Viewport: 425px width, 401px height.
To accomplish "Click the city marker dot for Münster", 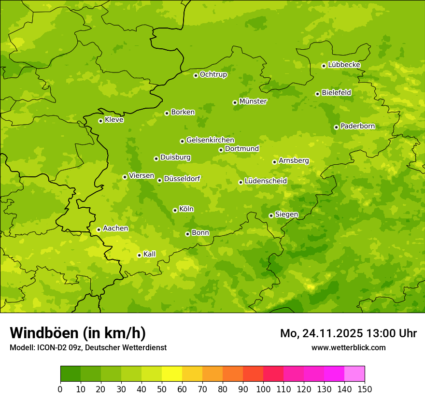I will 235,102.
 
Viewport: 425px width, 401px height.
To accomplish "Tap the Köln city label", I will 186,209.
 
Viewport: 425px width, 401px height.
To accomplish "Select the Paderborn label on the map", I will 357,126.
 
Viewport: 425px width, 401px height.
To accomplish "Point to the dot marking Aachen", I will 99,229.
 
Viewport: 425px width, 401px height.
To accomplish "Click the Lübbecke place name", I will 344,65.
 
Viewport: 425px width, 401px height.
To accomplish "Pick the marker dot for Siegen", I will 271,215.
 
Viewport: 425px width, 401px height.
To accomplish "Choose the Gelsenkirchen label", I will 210,140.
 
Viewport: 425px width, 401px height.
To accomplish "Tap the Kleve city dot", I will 100,121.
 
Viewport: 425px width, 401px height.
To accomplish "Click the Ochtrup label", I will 213,74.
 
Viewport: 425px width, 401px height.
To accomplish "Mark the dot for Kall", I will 139,255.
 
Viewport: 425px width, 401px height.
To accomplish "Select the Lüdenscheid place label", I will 266,181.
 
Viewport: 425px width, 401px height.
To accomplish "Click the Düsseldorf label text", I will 182,179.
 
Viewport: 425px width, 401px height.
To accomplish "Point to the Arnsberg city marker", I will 274,162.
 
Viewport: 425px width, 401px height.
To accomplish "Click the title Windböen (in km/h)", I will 77,333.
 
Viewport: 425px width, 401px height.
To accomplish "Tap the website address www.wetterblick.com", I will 348,347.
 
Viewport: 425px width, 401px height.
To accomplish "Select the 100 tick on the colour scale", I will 263,389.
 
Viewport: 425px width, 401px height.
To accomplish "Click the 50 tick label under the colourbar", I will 162,389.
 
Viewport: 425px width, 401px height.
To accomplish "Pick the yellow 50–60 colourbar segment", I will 172,374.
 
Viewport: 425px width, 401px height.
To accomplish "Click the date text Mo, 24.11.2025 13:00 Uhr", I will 348,333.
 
